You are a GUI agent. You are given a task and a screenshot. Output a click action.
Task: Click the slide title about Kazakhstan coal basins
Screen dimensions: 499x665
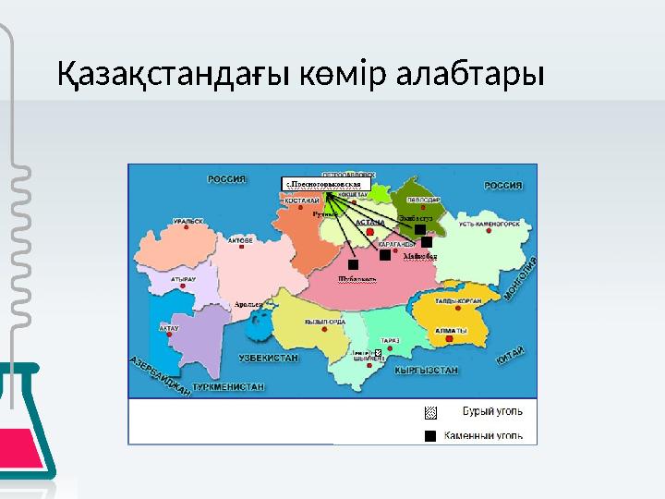300,73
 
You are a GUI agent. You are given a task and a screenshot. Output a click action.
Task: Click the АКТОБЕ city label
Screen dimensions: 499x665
241,238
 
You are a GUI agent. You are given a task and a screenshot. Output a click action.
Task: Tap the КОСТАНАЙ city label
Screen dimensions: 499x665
302,200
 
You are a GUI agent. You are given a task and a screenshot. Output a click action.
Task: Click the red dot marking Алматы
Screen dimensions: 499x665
449,340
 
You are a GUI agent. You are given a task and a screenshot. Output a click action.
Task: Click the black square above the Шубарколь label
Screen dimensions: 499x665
353,265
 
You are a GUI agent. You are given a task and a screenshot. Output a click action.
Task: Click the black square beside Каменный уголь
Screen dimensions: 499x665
429,433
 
